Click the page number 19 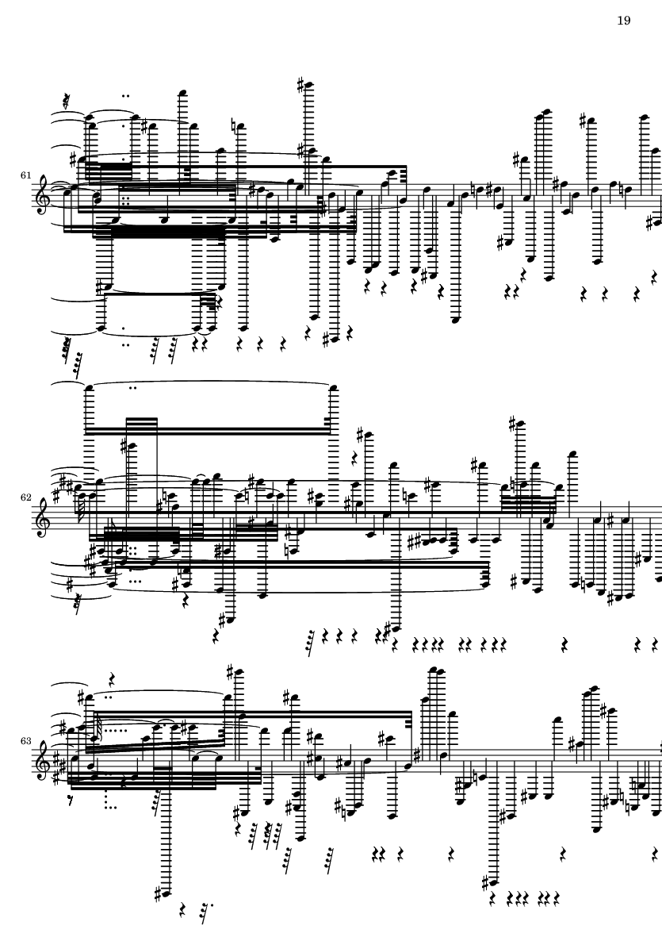click(x=623, y=21)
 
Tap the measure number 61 click(x=25, y=175)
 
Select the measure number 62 click(x=25, y=497)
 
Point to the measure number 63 click(x=25, y=740)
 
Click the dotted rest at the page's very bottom click(x=206, y=912)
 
